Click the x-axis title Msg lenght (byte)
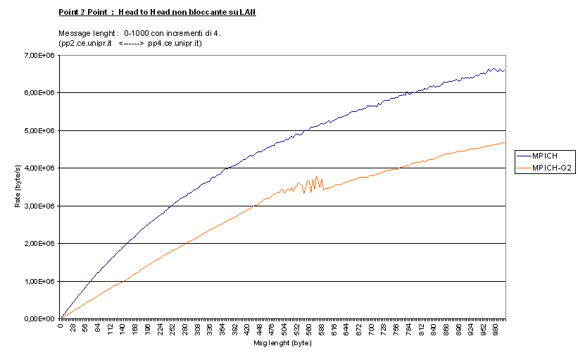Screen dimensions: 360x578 (282, 344)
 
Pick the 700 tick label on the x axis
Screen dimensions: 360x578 (372, 328)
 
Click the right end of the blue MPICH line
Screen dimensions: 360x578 (505, 70)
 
